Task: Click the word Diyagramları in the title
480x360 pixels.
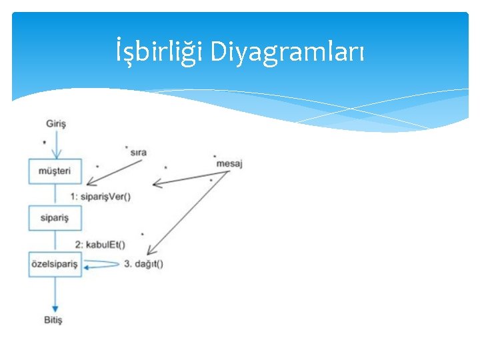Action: click(x=287, y=51)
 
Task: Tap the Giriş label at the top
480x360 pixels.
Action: click(x=56, y=123)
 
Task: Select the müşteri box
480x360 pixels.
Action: click(x=55, y=171)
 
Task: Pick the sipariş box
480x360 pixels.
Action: click(x=55, y=218)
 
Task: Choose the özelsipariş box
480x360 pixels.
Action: click(x=55, y=264)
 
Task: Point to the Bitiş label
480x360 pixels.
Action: click(x=53, y=320)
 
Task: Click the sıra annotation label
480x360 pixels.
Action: click(x=138, y=153)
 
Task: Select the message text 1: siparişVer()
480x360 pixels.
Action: click(x=100, y=196)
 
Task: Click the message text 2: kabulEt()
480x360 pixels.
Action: click(x=100, y=244)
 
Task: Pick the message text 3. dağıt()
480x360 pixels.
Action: click(x=143, y=264)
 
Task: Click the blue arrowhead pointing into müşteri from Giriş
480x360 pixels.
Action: click(x=56, y=153)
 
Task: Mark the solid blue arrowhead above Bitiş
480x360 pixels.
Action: click(x=55, y=307)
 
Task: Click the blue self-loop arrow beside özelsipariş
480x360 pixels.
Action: click(x=100, y=265)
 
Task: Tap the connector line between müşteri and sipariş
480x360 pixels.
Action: click(x=55, y=195)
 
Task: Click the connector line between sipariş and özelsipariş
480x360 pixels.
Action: click(x=55, y=241)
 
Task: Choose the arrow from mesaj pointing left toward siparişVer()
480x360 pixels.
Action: click(x=190, y=177)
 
